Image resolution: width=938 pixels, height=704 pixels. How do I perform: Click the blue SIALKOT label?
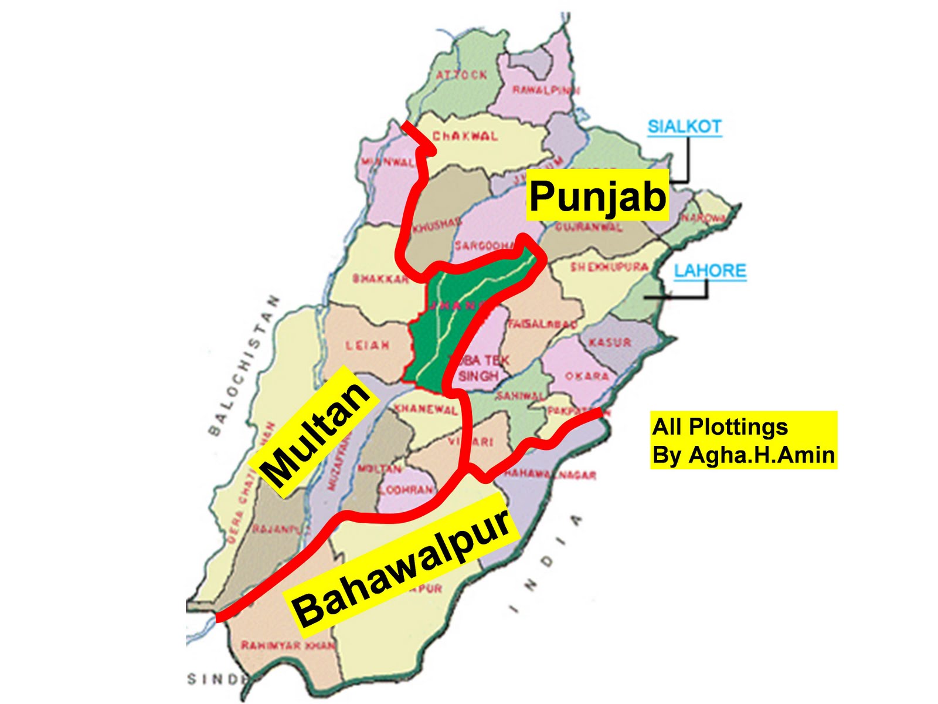[684, 126]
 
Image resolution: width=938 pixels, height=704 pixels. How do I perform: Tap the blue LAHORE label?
[710, 270]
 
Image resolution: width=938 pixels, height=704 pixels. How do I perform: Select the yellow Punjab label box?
[597, 195]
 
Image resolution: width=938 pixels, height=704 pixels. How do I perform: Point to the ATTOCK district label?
[461, 75]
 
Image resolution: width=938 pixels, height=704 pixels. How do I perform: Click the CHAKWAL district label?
[465, 136]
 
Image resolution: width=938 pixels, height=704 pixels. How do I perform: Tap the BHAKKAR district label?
[380, 278]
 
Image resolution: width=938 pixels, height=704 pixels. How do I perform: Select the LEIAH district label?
[367, 346]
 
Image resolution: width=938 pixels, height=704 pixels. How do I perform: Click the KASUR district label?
[610, 342]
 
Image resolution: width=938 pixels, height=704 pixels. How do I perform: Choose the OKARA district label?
[587, 376]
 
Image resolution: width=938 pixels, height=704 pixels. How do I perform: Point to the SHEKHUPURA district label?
[610, 267]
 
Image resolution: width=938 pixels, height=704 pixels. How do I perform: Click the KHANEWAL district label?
[426, 409]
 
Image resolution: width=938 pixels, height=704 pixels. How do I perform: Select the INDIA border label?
[545, 563]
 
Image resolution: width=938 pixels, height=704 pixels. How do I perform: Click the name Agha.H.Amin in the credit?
[762, 455]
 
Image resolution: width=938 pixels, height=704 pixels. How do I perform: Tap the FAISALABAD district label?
[542, 324]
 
